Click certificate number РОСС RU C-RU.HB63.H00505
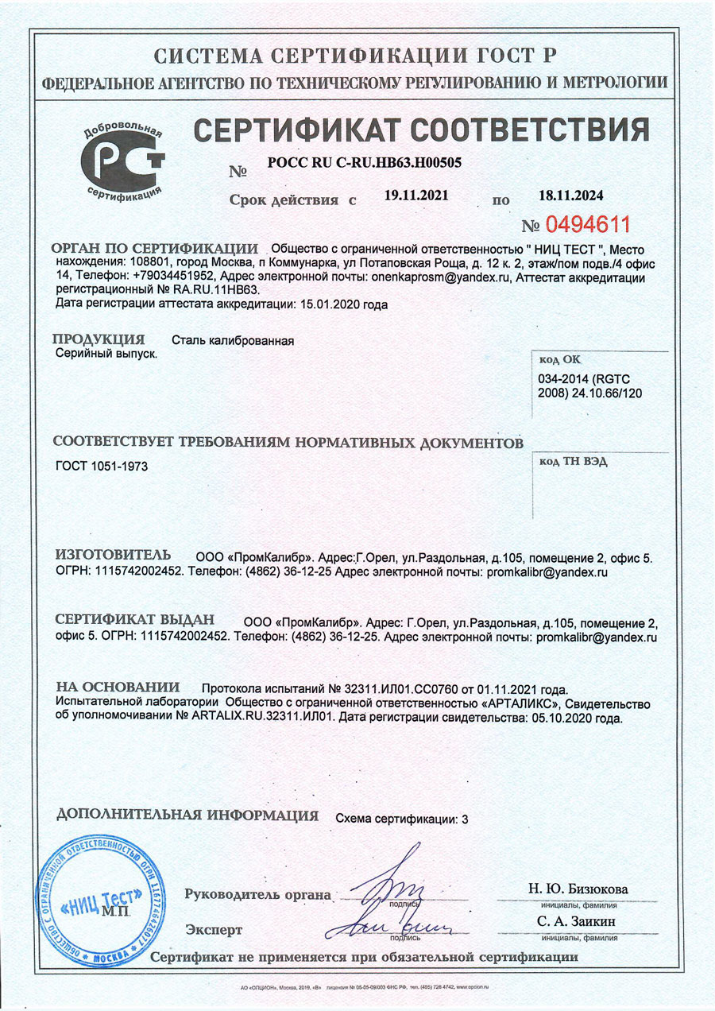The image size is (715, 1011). tap(365, 162)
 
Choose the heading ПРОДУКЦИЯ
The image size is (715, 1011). tap(99, 339)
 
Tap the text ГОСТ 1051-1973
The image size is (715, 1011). tap(102, 466)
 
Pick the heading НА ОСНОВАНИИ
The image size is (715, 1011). tap(118, 687)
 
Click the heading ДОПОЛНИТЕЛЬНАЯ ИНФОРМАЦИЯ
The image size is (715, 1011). tap(187, 815)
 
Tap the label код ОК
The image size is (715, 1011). tap(560, 359)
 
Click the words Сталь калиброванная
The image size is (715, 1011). tap(234, 341)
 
